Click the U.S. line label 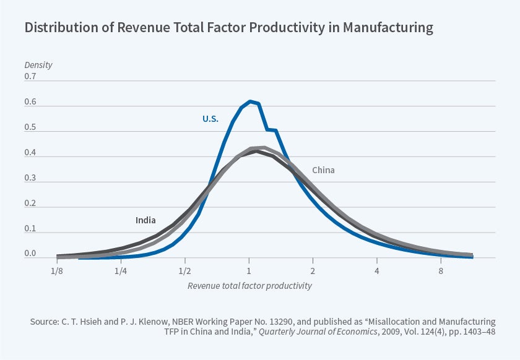pyautogui.click(x=210, y=118)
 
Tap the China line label pyautogui.click(x=323, y=170)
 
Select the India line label pyautogui.click(x=145, y=220)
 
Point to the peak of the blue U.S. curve pyautogui.click(x=250, y=101)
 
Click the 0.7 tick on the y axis pyautogui.click(x=30, y=77)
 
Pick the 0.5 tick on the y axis pyautogui.click(x=30, y=128)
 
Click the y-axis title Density pyautogui.click(x=38, y=64)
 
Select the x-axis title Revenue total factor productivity pyautogui.click(x=249, y=286)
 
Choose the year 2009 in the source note pyautogui.click(x=353, y=332)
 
